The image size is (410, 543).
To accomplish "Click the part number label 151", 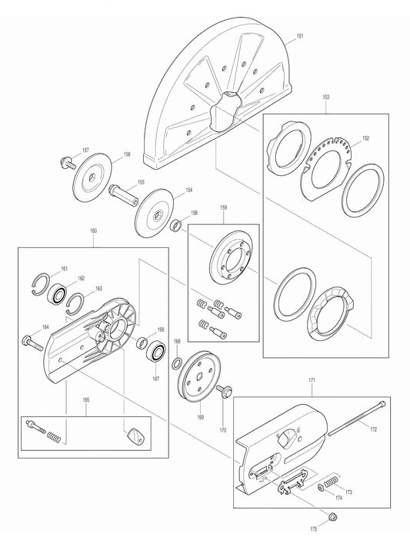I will pos(301,36).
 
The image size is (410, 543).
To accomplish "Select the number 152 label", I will pos(365,138).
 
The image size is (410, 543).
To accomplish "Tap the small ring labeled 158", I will pos(176,225).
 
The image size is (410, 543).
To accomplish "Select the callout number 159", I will pos(223,207).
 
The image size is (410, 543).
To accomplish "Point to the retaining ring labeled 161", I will pos(42,283).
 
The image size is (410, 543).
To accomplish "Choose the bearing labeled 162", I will pos(58,293).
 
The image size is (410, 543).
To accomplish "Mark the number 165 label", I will pos(65,401).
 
